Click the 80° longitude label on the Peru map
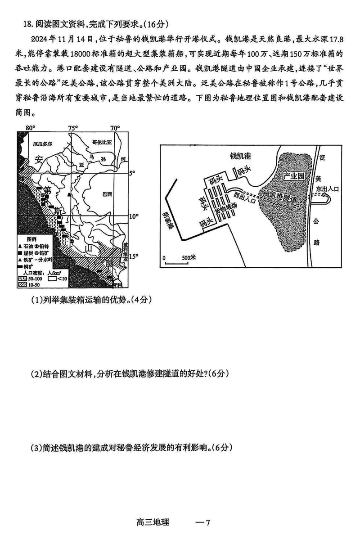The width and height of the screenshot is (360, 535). coord(30,128)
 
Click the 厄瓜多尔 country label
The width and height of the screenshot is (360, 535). coord(43,145)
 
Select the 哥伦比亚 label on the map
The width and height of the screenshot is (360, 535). coord(101,141)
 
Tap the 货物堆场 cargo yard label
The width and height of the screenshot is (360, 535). coord(225,209)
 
